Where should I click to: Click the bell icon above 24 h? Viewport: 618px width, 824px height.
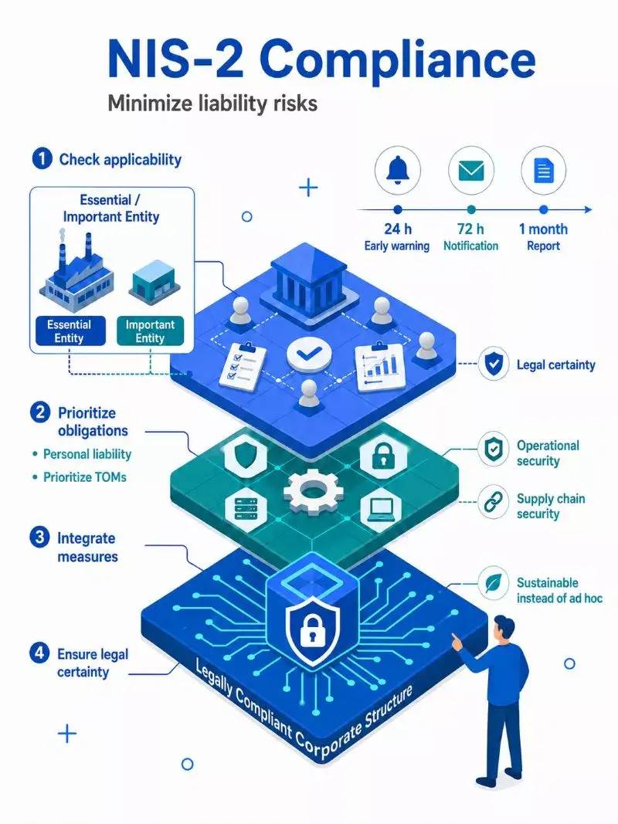pyautogui.click(x=397, y=170)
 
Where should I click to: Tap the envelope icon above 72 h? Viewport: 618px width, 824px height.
pyautogui.click(x=471, y=171)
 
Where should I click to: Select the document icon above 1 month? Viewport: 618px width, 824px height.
pyautogui.click(x=544, y=171)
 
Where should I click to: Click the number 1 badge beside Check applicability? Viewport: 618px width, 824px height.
pyautogui.click(x=42, y=159)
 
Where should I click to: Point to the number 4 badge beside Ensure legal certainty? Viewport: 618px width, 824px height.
pyautogui.click(x=39, y=653)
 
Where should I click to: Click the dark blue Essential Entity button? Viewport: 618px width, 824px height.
pyautogui.click(x=70, y=331)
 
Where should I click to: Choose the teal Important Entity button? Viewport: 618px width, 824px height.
pyautogui.click(x=150, y=331)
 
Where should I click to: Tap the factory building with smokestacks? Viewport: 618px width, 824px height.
pyautogui.click(x=77, y=273)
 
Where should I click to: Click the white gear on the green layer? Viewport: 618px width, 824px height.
pyautogui.click(x=313, y=490)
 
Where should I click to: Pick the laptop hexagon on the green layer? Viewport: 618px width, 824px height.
pyautogui.click(x=381, y=509)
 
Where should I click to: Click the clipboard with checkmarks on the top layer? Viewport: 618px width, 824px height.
pyautogui.click(x=243, y=365)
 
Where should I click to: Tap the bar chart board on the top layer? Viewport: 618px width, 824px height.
pyautogui.click(x=379, y=368)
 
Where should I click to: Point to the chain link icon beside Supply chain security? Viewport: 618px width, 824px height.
pyautogui.click(x=493, y=503)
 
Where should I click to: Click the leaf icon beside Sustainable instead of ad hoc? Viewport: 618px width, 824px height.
pyautogui.click(x=494, y=583)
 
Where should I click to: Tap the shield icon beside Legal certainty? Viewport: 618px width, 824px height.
pyautogui.click(x=494, y=364)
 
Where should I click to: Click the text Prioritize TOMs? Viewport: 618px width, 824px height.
pyautogui.click(x=85, y=477)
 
